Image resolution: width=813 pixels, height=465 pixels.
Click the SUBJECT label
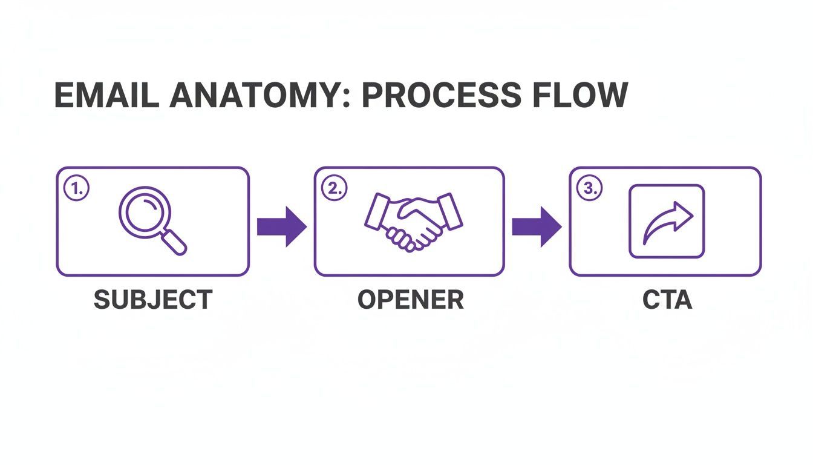152,300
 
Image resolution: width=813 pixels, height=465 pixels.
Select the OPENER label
410,300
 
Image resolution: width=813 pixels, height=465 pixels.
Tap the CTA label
667,300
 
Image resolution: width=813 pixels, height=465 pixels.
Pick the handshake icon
413,220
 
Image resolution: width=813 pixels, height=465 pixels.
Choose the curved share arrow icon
667,222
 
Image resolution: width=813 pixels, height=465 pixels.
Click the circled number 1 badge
76,188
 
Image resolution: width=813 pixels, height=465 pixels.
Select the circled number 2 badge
333,188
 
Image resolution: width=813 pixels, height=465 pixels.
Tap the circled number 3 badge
588,188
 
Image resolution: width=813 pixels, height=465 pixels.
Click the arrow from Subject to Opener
281,226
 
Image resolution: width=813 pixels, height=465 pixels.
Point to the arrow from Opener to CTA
537,226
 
